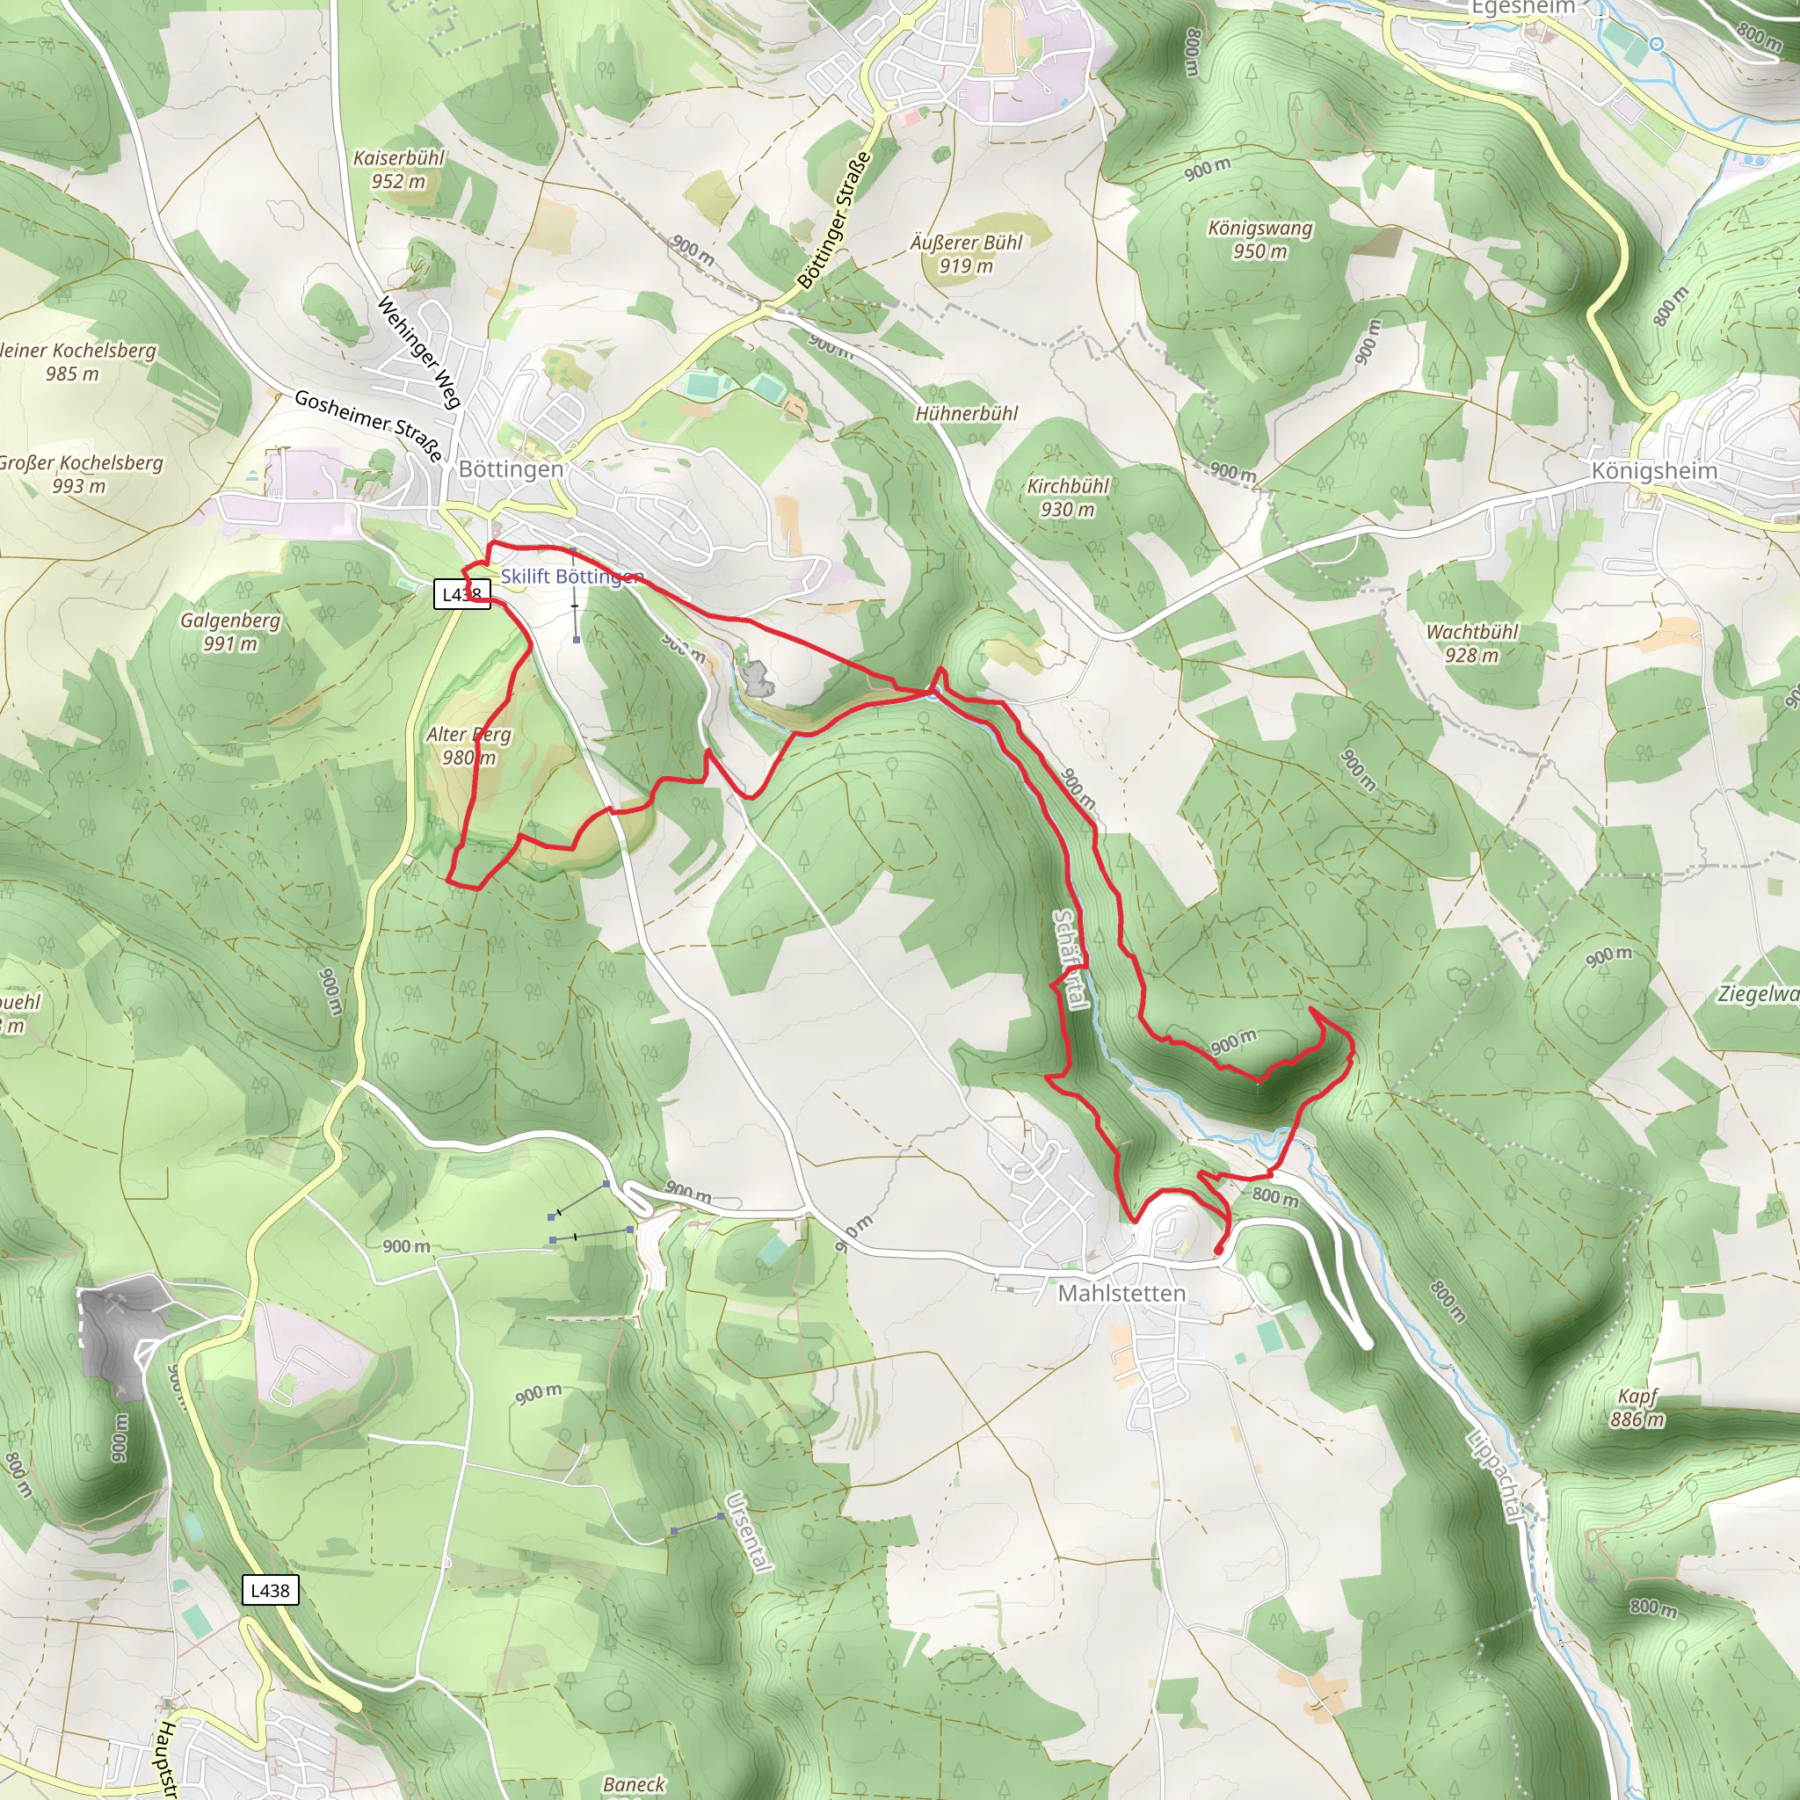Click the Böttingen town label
click(x=511, y=468)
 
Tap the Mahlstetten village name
click(x=1121, y=1293)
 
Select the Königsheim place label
click(x=1654, y=470)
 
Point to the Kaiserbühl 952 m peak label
click(x=399, y=170)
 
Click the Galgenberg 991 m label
click(x=230, y=632)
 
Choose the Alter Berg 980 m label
click(x=468, y=745)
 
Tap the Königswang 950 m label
click(x=1259, y=239)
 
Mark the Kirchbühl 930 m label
click(x=1068, y=497)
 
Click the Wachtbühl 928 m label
click(x=1472, y=642)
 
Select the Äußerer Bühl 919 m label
click(x=966, y=254)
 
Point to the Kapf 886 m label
click(x=1637, y=1408)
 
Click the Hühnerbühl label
click(x=966, y=414)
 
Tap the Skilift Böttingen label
click(x=572, y=577)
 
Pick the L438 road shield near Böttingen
click(x=461, y=594)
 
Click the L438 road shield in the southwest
click(x=270, y=1590)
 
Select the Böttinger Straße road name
click(x=835, y=220)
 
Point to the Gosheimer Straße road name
click(x=368, y=425)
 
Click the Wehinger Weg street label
click(x=419, y=352)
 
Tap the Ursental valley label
click(x=748, y=1533)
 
